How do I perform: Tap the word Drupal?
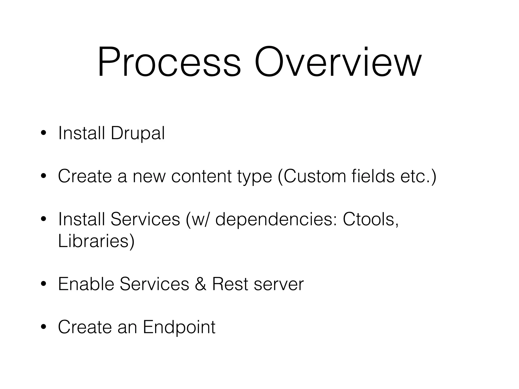tap(138, 133)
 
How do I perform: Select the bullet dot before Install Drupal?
tap(44, 134)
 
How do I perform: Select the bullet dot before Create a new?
tap(44, 177)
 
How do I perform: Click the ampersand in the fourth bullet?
tap(200, 284)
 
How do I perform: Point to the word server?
tap(279, 284)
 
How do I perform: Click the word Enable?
tap(86, 284)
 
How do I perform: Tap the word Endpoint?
tap(179, 327)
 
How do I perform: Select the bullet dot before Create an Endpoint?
tap(44, 327)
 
